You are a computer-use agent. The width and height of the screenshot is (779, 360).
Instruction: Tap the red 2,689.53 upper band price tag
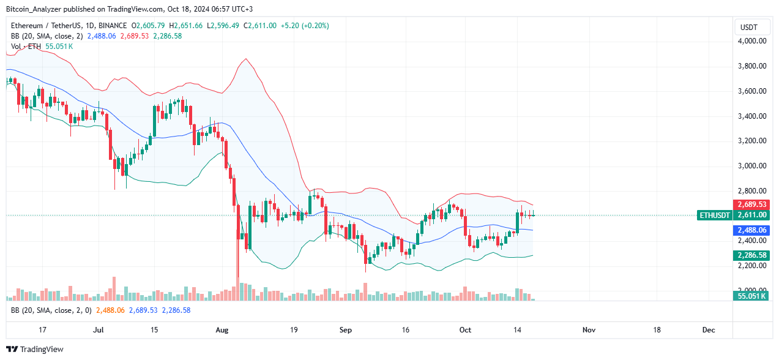[x=752, y=204]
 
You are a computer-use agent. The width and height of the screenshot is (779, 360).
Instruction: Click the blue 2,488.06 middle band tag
[x=752, y=230]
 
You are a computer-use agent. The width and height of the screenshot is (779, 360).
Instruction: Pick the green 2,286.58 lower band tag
[x=752, y=255]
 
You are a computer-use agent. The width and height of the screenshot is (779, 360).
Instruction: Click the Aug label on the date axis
[x=222, y=330]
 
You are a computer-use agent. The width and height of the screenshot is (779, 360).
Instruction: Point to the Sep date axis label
[x=346, y=330]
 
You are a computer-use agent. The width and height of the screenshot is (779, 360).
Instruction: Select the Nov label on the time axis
[x=589, y=330]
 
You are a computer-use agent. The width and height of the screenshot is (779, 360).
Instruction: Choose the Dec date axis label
[x=709, y=330]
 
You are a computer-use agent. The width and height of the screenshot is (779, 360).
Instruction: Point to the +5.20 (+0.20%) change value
[x=304, y=26]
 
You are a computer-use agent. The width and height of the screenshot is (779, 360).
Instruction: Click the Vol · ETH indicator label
[x=26, y=47]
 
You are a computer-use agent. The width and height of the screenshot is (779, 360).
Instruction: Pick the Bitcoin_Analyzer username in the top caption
[x=35, y=9]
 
